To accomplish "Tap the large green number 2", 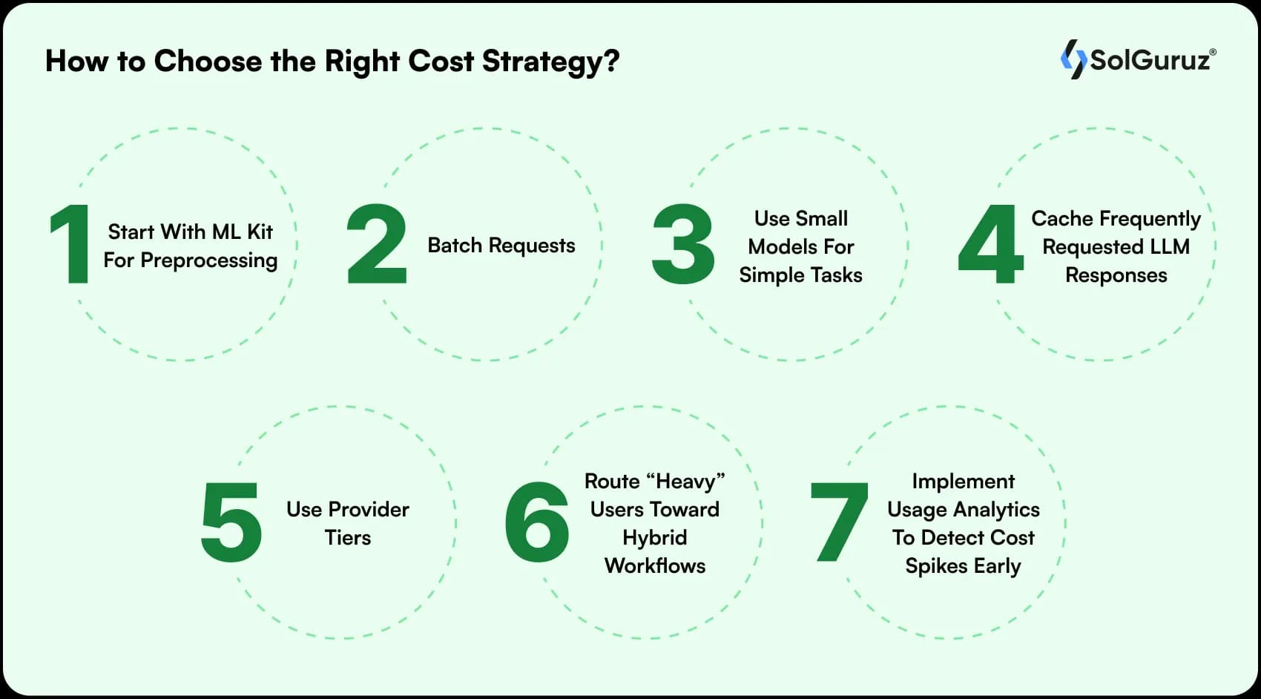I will tap(377, 244).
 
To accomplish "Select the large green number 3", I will tap(682, 244).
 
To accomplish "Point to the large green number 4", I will tap(990, 244).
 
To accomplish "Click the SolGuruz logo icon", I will tap(1073, 59).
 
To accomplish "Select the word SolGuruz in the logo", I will tap(1150, 60).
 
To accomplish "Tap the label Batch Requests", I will tap(501, 246).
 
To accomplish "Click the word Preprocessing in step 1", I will tap(208, 260).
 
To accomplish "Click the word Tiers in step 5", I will tap(348, 537).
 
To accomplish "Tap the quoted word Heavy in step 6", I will tap(686, 482).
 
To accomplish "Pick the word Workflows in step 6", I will tap(655, 566).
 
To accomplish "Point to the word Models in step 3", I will tap(779, 246).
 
